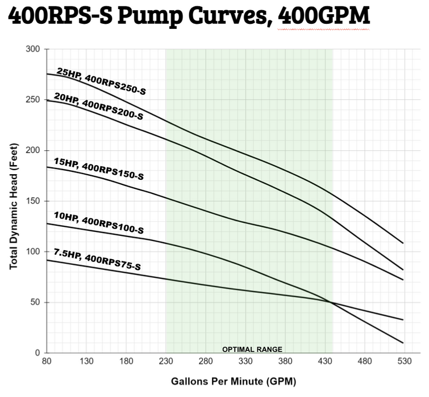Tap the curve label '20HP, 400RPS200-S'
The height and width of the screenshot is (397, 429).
98,106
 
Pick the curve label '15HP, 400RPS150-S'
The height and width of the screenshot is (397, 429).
99,169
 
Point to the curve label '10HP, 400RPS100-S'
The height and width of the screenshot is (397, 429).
99,222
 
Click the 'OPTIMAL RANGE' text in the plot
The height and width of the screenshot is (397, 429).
252,349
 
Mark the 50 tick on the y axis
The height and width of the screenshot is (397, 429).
35,302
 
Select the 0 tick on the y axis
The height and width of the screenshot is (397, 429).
38,353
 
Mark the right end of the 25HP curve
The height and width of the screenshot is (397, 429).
403,243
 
